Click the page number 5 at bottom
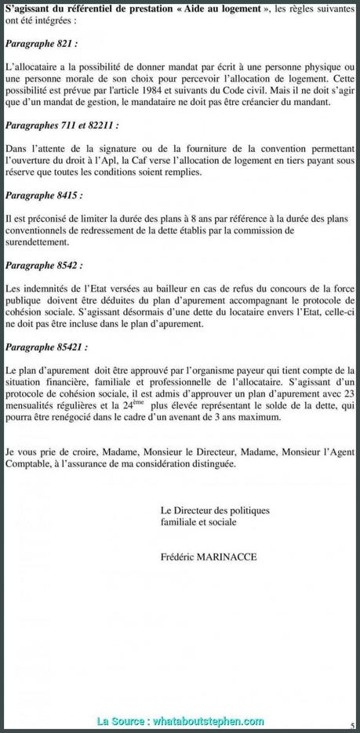[353, 725]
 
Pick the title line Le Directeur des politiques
[213, 510]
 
